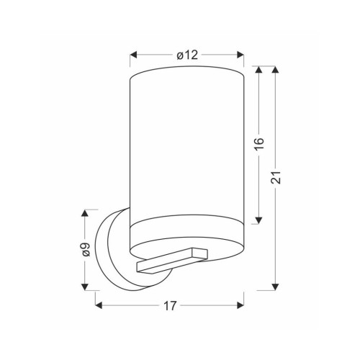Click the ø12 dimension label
[x=187, y=55]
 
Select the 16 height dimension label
[x=259, y=144]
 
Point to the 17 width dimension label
[x=170, y=306]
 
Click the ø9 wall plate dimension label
[x=85, y=250]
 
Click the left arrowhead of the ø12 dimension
[x=133, y=55]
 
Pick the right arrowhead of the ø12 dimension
[x=240, y=55]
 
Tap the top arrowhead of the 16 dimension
[x=258, y=70]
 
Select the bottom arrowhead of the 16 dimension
[x=258, y=220]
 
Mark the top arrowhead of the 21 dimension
[x=275, y=70]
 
